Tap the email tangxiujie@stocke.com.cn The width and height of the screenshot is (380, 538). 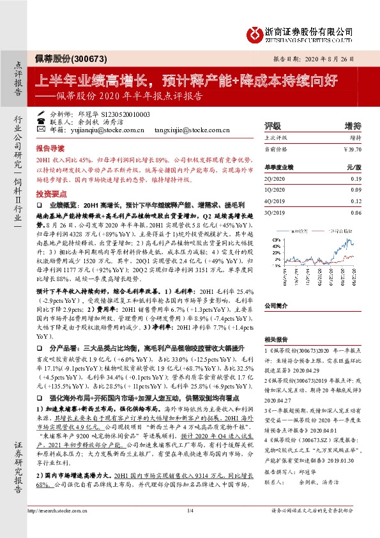pos(192,129)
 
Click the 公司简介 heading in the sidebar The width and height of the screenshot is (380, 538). pos(277,305)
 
